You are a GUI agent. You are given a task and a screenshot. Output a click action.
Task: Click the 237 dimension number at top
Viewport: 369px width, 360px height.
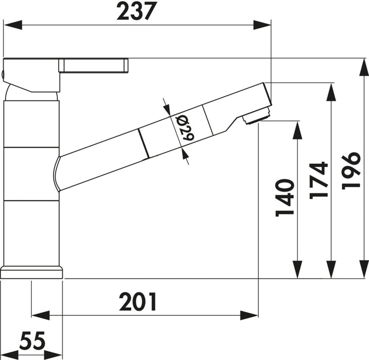pyautogui.click(x=136, y=11)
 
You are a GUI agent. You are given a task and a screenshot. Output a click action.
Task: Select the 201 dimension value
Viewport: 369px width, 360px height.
pyautogui.click(x=138, y=302)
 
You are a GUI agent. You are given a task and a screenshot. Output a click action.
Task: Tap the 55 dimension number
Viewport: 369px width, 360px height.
pyautogui.click(x=33, y=341)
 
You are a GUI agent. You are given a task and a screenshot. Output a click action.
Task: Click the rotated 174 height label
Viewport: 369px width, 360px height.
pyautogui.click(x=319, y=180)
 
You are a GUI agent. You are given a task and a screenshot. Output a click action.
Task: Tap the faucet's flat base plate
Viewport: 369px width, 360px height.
pyautogui.click(x=32, y=272)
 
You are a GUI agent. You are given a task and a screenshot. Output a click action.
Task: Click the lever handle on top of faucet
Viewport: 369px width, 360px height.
pyautogui.click(x=93, y=66)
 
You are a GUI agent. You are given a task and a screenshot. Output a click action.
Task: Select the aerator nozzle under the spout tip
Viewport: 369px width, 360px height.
pyautogui.click(x=256, y=117)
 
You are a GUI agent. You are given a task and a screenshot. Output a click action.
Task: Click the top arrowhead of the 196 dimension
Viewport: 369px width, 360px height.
pyautogui.click(x=363, y=67)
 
